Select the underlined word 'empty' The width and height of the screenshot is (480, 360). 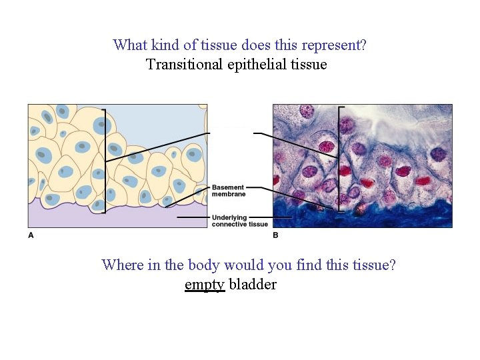[x=205, y=285]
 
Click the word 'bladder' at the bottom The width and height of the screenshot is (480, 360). [x=253, y=285]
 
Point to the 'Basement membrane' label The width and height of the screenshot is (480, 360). [x=228, y=191]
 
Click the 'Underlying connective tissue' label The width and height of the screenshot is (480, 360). [x=240, y=221]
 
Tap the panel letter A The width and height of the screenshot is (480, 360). [x=31, y=235]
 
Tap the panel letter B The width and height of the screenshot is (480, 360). [x=276, y=235]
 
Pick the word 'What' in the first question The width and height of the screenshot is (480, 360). [x=130, y=45]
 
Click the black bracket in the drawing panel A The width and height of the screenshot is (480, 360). [x=105, y=160]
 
